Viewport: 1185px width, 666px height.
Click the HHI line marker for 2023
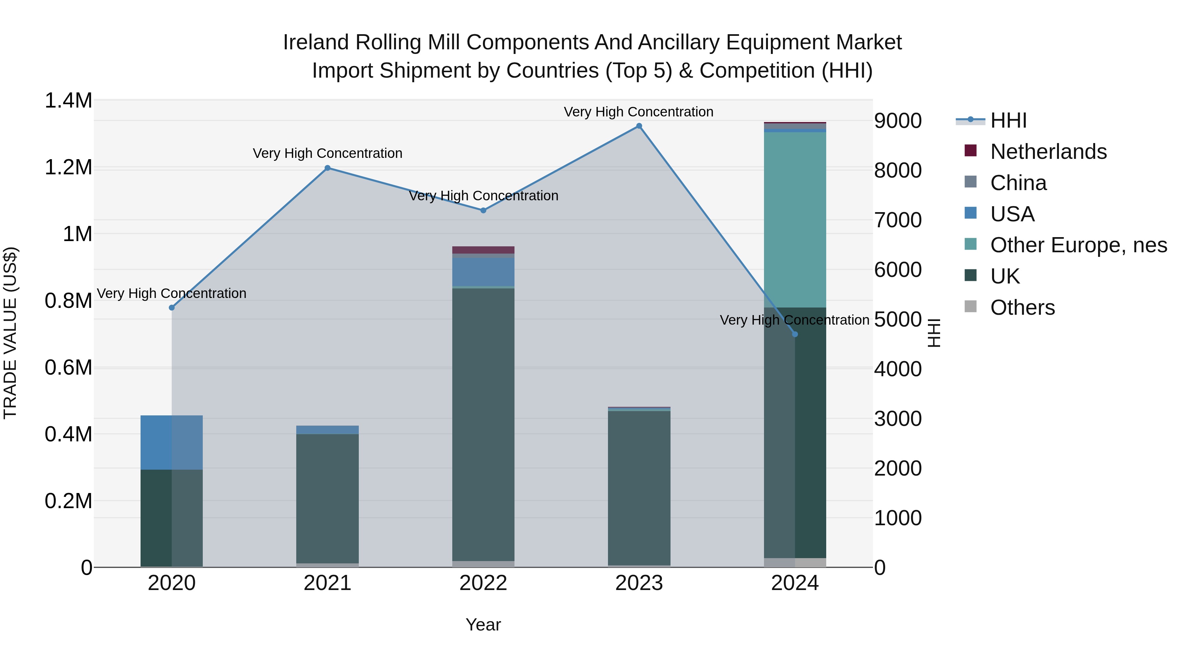tap(639, 126)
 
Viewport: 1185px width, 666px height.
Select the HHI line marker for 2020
tap(171, 308)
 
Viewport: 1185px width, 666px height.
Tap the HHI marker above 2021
tap(328, 168)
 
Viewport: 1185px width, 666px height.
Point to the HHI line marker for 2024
tap(795, 334)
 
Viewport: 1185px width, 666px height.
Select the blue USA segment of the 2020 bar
tap(171, 442)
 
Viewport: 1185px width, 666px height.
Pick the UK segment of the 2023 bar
tap(639, 487)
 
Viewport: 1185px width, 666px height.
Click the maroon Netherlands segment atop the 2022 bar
tap(483, 250)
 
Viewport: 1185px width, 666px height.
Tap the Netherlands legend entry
tap(1048, 152)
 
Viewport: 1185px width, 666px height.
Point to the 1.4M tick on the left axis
tap(68, 101)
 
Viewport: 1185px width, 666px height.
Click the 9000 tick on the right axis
tap(898, 121)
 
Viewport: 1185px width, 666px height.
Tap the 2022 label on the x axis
tap(483, 583)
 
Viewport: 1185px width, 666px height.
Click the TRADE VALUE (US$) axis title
tap(10, 333)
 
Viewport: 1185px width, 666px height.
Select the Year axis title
tap(483, 625)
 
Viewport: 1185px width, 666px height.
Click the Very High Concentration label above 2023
tap(639, 112)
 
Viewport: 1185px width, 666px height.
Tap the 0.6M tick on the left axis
tap(68, 368)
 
